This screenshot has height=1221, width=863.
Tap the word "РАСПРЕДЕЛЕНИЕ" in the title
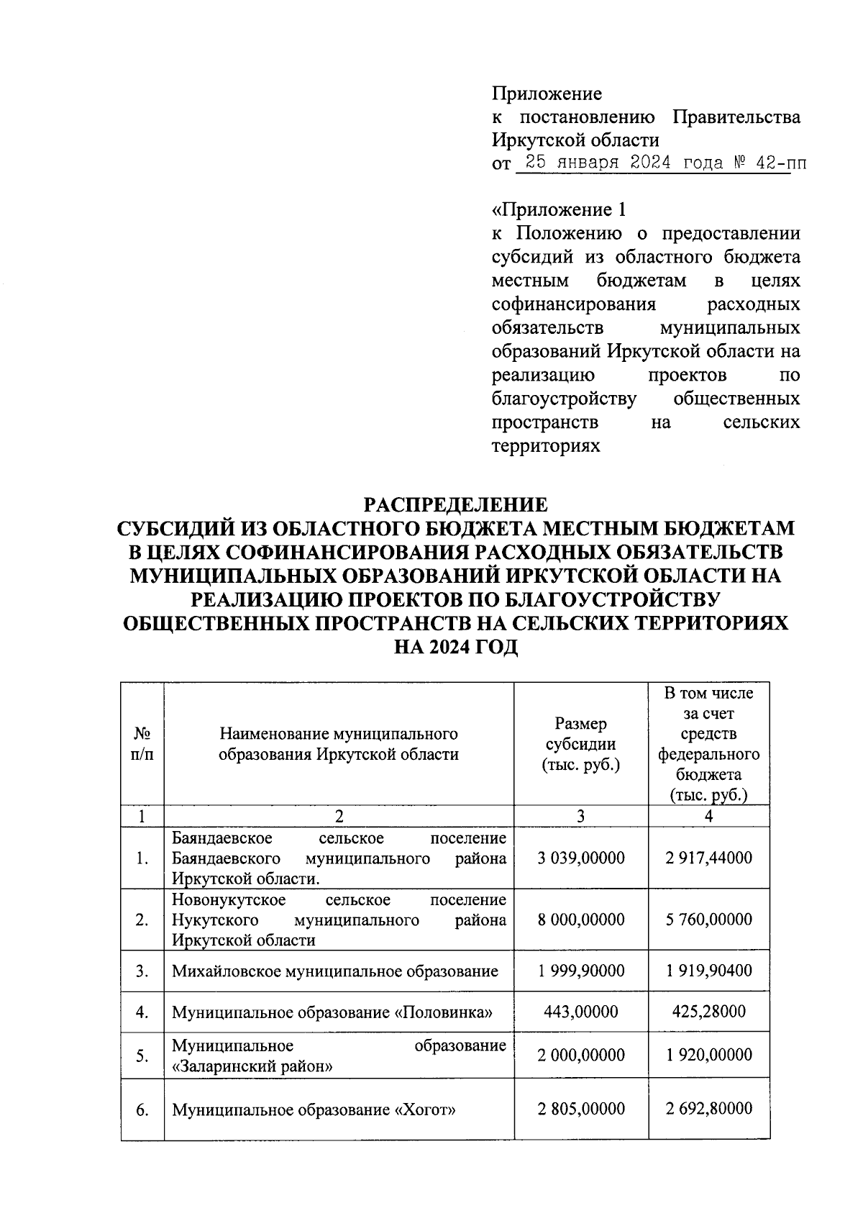point(455,504)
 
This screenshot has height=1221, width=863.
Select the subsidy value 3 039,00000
point(581,858)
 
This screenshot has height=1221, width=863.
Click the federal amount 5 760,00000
point(709,920)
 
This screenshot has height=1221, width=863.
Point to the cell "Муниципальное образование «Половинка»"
point(332,1012)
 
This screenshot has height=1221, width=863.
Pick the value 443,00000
point(581,1012)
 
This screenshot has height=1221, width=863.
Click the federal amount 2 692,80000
point(709,1108)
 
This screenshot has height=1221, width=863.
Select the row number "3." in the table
point(142,971)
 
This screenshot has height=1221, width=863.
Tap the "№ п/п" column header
point(142,744)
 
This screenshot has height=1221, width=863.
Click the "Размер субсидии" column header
point(581,744)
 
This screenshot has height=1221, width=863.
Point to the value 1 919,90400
point(709,971)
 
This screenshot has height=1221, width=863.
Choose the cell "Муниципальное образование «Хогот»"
point(314,1109)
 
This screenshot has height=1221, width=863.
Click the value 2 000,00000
point(581,1055)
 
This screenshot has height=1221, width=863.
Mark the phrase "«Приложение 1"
point(559,209)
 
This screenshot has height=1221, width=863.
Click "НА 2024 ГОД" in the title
point(455,647)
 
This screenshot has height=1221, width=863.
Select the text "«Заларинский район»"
point(252,1066)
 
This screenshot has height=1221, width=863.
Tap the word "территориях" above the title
point(546,445)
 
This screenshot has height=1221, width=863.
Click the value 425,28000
point(709,1012)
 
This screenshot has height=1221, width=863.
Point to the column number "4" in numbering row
point(709,816)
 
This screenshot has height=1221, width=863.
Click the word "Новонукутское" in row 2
point(229,900)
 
